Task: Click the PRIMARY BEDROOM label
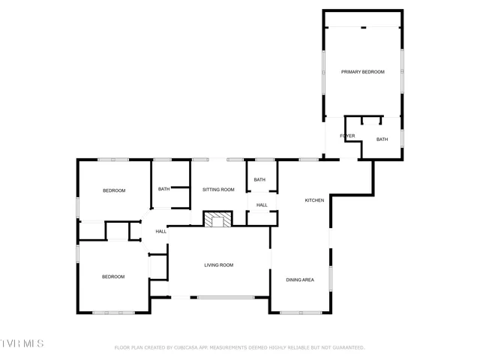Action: tap(363, 72)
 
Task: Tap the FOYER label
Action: tap(347, 136)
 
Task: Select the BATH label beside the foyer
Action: tap(382, 139)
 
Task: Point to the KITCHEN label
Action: tap(314, 200)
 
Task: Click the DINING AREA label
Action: tap(300, 280)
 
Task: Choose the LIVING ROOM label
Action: tap(219, 265)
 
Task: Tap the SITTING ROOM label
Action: tap(218, 190)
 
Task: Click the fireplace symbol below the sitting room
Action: tap(218, 219)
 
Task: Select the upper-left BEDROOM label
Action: tap(114, 190)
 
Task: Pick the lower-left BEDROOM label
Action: tap(113, 277)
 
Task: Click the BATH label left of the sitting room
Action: tap(163, 189)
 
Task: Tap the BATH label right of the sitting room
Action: tap(259, 180)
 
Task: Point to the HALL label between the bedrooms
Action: tap(161, 232)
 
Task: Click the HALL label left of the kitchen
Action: tap(262, 205)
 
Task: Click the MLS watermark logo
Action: tap(22, 343)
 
